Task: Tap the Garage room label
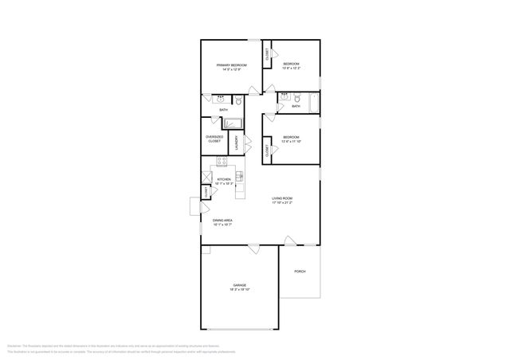239,284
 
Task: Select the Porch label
300,272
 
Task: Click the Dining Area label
222,221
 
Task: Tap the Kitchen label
224,180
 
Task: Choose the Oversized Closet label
214,138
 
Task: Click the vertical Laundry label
237,143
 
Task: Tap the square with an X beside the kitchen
206,177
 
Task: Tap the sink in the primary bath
219,99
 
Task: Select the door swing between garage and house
253,249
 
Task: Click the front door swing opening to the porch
290,241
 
